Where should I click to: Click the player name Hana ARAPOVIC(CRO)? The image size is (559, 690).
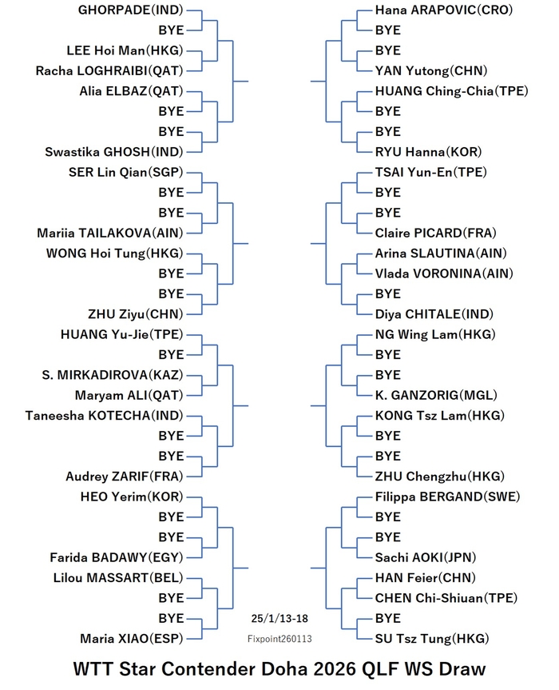pos(444,10)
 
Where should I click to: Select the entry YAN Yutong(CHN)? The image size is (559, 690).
pos(431,71)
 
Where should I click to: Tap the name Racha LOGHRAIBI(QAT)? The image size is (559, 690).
pos(109,71)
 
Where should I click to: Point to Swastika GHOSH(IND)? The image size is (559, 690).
pos(114,152)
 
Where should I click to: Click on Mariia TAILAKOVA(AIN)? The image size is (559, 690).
pos(110,233)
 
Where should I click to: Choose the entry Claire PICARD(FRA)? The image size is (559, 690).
pos(435,233)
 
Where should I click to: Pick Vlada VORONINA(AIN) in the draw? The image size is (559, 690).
pos(444,273)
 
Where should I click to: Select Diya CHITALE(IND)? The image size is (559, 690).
pos(434,314)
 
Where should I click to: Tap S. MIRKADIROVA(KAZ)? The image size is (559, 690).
pos(113,375)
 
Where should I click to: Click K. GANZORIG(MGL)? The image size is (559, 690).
pos(436,395)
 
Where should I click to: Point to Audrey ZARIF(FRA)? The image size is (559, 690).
pos(125,477)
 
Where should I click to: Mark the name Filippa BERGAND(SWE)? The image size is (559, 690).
pos(447,497)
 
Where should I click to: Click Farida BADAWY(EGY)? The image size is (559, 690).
pos(117,557)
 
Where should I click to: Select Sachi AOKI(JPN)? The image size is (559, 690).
pos(426,557)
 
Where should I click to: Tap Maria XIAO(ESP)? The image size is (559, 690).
pos(132,639)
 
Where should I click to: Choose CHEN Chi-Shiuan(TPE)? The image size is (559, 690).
pos(446,598)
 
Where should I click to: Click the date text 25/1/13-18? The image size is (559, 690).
pos(279,619)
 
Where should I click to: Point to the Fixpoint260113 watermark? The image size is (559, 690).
pos(279,639)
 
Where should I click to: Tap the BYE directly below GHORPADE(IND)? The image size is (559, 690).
pos(171,30)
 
